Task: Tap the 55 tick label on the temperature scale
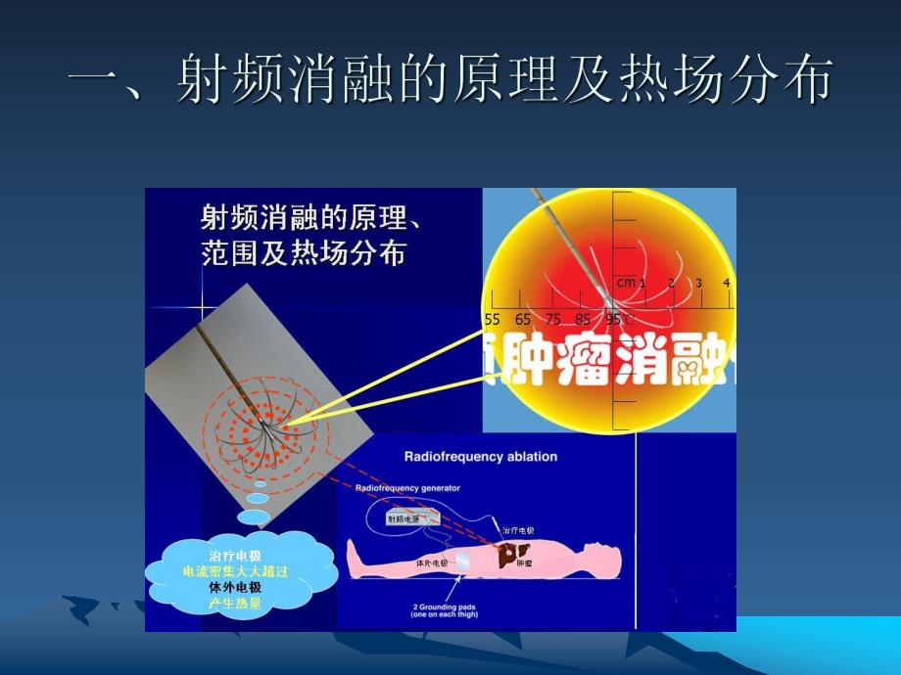tap(493, 319)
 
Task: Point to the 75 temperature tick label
tap(553, 319)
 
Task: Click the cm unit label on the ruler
tap(626, 283)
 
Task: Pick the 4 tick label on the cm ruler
tap(726, 283)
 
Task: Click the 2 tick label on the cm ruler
tap(671, 283)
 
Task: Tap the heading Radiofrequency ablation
tap(481, 456)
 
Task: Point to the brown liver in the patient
tap(510, 556)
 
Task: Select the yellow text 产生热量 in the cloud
tap(235, 603)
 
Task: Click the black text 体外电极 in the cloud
tap(235, 586)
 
